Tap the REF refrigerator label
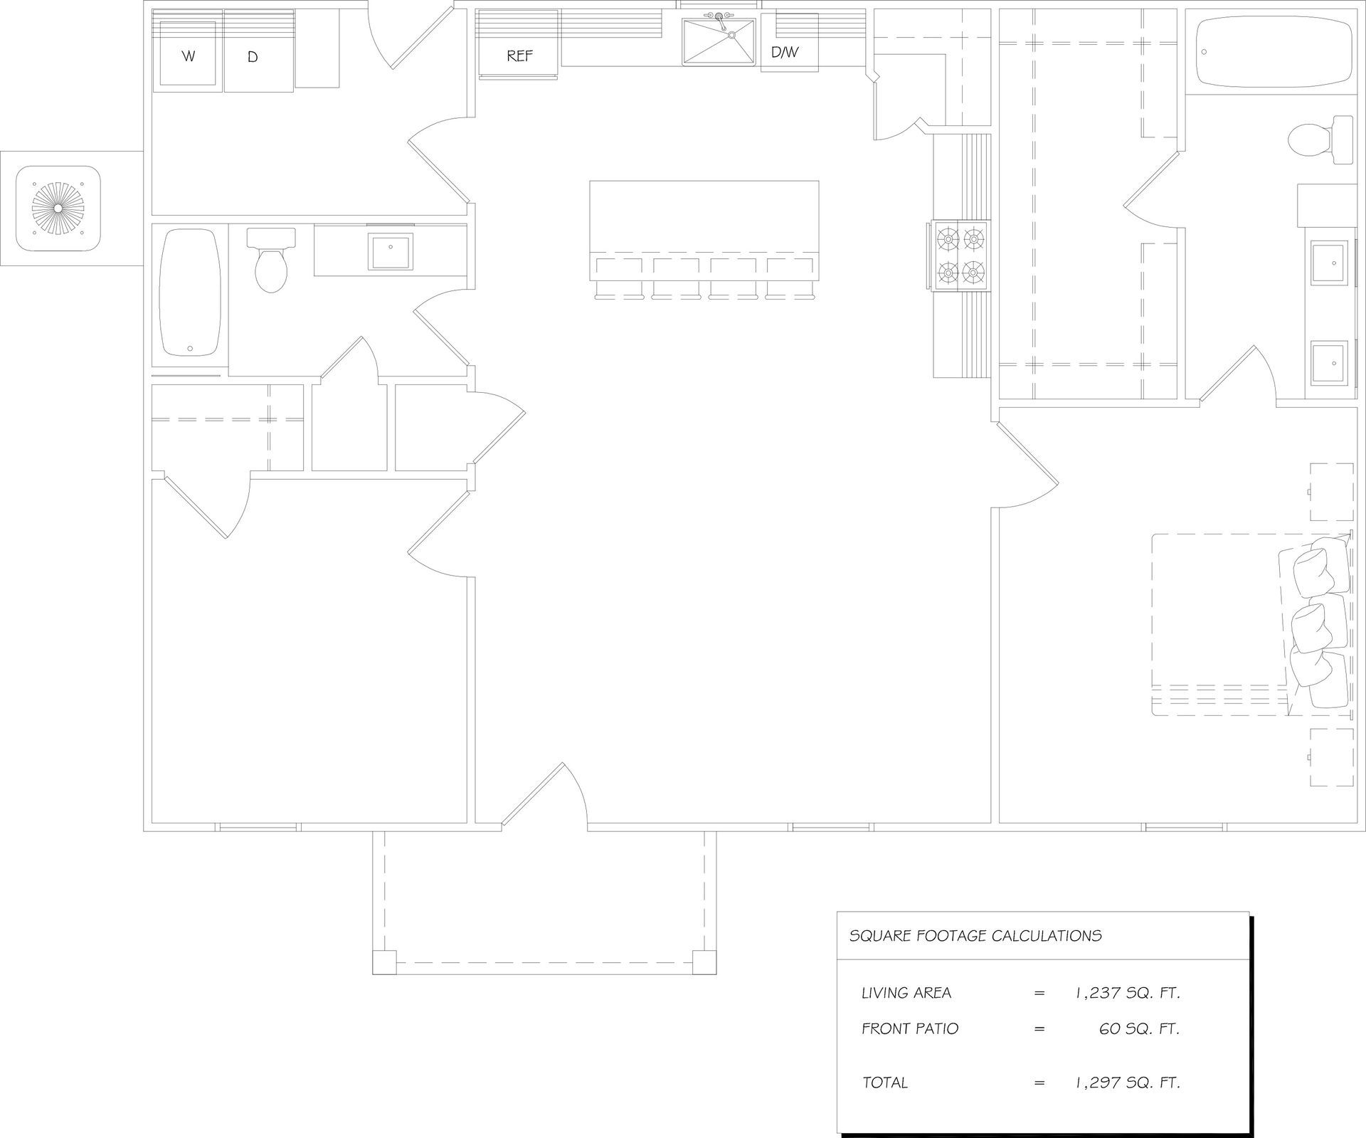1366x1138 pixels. (x=520, y=56)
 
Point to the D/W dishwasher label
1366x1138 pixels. (x=785, y=53)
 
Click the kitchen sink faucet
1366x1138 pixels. (x=718, y=18)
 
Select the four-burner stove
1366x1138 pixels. (x=960, y=256)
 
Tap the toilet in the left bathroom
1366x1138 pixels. (x=270, y=260)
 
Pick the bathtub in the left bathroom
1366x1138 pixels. (x=190, y=292)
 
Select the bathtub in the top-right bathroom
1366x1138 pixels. (x=1274, y=53)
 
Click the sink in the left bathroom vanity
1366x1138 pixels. (x=391, y=251)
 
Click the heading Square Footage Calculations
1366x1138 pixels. (x=975, y=936)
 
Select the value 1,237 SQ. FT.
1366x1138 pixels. (x=1128, y=993)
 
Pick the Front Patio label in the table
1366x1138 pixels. (x=910, y=1028)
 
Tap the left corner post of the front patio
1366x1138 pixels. (x=384, y=962)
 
